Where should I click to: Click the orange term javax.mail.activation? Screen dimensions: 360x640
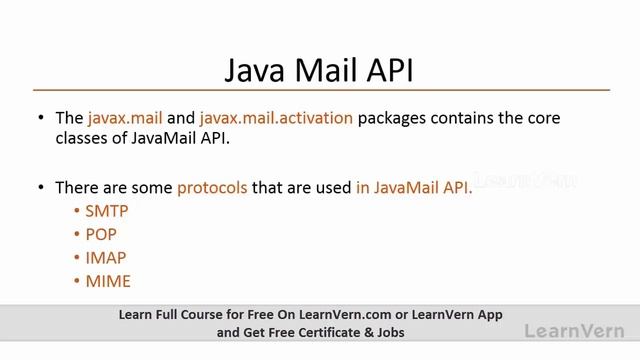coord(276,118)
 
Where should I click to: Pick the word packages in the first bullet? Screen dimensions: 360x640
coord(395,118)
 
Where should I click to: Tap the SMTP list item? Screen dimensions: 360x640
coord(107,211)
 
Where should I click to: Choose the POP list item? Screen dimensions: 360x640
coord(101,234)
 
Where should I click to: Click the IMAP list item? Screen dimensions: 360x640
coord(106,257)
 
